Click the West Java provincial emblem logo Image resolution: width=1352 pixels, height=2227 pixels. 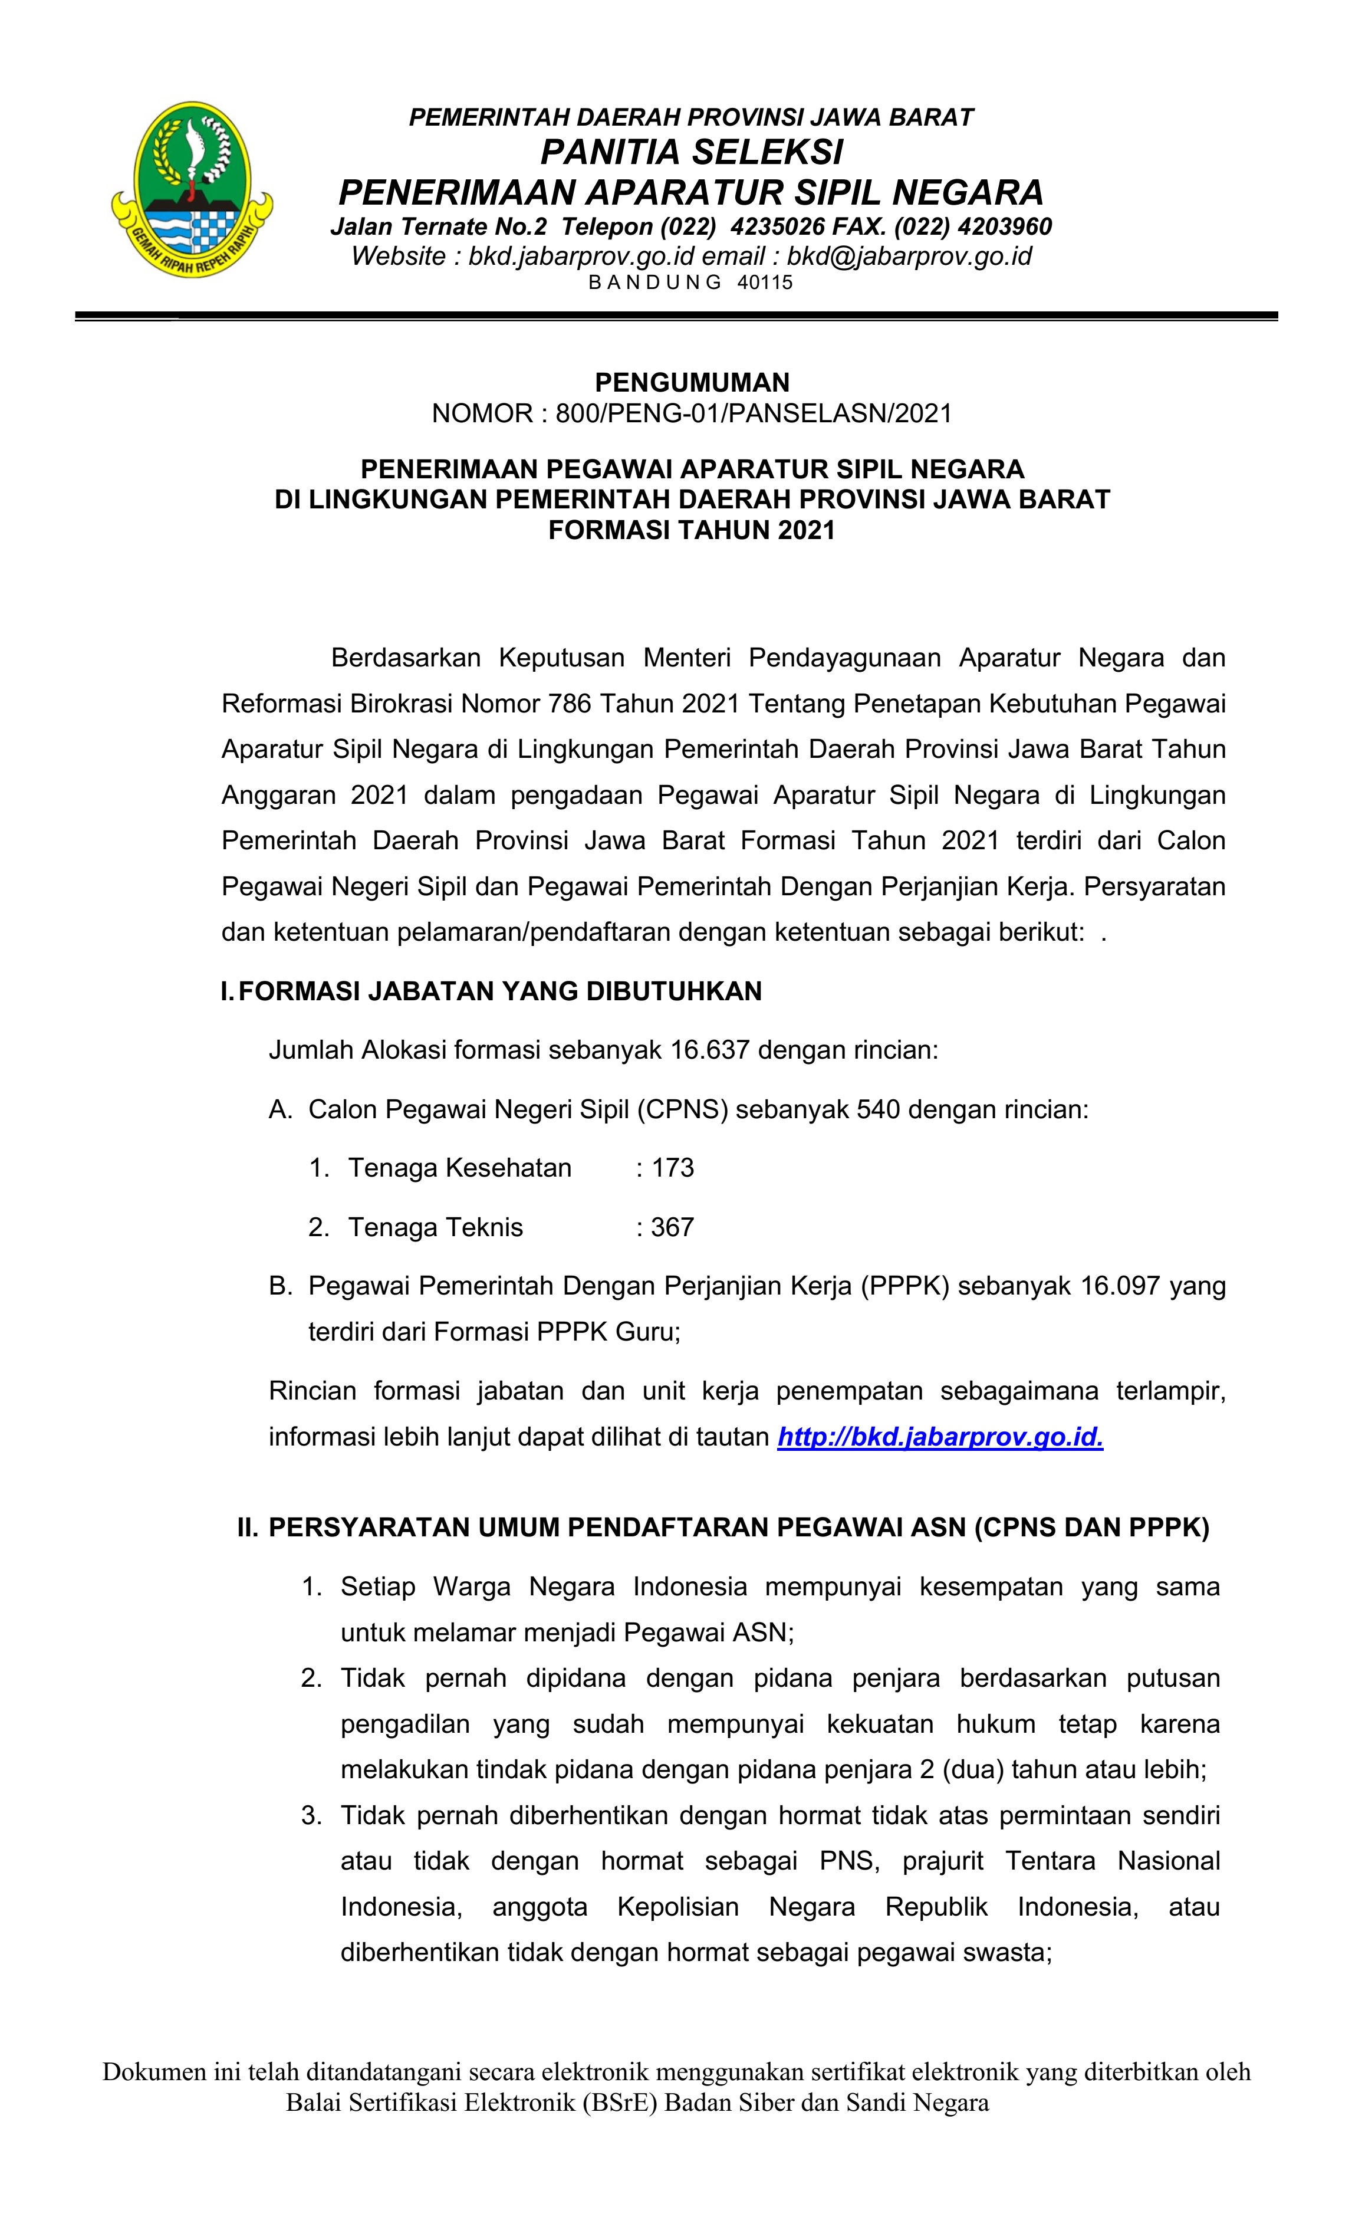click(192, 189)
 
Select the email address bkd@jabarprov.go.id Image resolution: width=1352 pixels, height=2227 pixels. click(909, 257)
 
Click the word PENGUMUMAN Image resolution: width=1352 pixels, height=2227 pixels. click(692, 382)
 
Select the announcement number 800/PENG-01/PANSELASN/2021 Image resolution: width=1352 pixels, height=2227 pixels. click(754, 414)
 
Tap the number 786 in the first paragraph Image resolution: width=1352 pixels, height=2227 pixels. click(570, 703)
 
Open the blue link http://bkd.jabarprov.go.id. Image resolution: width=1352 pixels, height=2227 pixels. click(940, 1437)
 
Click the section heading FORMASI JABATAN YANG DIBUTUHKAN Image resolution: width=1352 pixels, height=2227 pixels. click(500, 991)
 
